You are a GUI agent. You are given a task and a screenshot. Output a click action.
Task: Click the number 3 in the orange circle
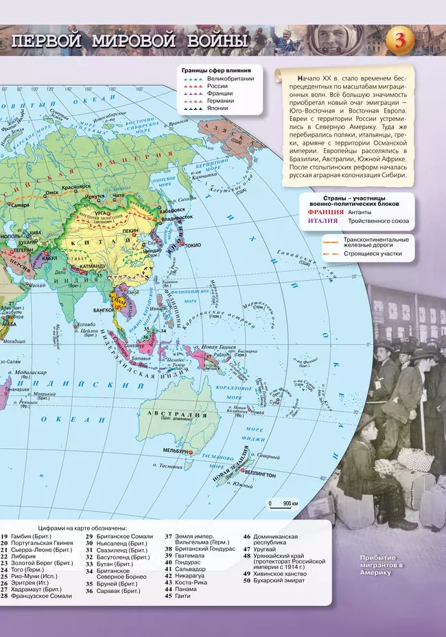pos(400,41)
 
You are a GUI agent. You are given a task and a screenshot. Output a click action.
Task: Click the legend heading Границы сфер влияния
pos(215,70)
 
